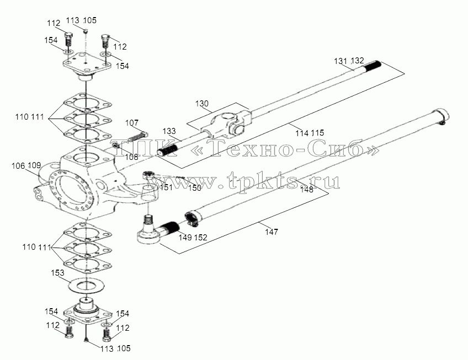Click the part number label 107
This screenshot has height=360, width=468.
point(131,122)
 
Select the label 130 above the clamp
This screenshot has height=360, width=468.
point(202,104)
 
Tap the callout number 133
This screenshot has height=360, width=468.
point(169,131)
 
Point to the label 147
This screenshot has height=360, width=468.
point(272,232)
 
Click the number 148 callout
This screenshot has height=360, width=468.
point(307,189)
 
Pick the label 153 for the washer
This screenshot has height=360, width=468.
point(57,272)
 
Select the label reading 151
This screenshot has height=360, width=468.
point(166,187)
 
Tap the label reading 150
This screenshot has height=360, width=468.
point(195,188)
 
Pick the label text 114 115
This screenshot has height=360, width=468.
point(310,133)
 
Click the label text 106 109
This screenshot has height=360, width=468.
point(26,166)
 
